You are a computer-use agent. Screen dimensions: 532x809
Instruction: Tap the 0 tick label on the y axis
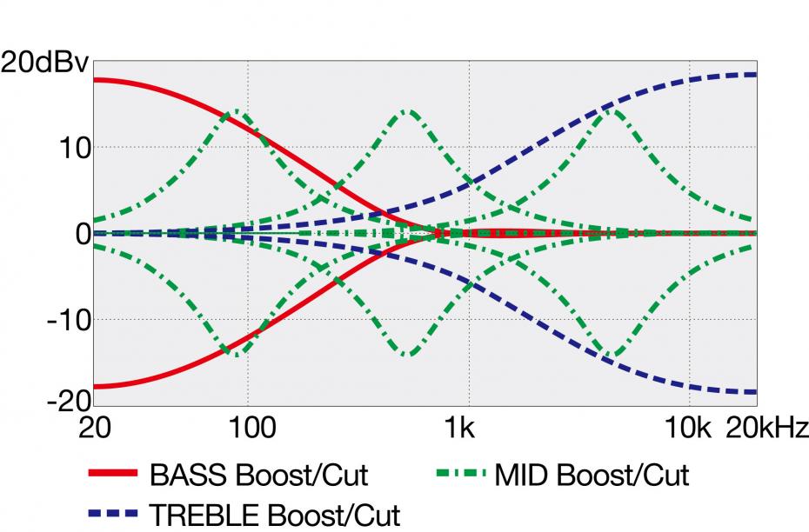[x=79, y=233]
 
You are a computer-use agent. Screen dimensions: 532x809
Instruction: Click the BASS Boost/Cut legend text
[x=258, y=475]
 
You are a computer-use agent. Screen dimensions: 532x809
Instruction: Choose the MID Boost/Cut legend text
[x=592, y=475]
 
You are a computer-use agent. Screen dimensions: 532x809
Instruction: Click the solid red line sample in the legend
[x=113, y=475]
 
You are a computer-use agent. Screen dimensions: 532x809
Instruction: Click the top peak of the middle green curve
[x=406, y=111]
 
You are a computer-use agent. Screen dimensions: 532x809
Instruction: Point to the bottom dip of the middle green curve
[x=406, y=354]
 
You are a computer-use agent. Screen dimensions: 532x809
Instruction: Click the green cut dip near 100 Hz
[x=235, y=354]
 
